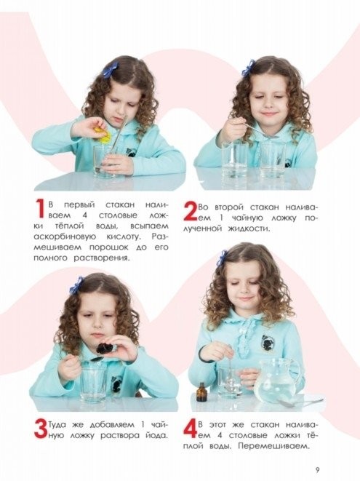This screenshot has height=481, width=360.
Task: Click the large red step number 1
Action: (40, 210)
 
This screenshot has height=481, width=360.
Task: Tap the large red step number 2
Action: (190, 211)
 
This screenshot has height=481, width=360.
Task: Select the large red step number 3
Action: (41, 428)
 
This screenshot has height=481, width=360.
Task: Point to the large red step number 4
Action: (190, 428)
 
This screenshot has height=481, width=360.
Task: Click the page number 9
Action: (317, 470)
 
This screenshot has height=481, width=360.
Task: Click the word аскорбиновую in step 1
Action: (65, 237)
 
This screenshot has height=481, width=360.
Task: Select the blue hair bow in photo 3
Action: (76, 285)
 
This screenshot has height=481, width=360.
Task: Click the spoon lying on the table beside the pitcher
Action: (300, 402)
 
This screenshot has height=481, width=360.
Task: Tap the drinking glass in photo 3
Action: (93, 383)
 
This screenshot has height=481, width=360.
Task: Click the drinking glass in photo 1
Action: (105, 162)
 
